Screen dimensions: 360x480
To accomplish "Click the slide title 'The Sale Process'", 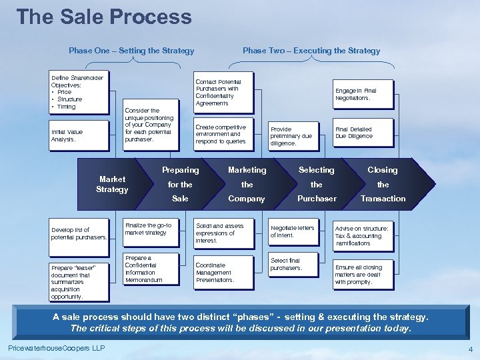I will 103,17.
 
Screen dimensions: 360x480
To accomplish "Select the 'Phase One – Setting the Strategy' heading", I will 131,51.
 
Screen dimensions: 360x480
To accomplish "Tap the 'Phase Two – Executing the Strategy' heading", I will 311,51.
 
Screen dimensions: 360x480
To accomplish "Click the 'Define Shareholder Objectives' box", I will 79,92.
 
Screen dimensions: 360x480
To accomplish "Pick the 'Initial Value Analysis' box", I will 79,136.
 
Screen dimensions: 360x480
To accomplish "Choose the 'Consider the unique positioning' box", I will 149,125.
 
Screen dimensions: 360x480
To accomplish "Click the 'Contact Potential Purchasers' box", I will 223,92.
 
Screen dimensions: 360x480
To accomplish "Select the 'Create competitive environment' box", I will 223,134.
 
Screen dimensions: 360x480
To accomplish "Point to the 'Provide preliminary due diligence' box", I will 293,136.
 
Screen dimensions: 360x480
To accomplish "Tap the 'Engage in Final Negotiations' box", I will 363,94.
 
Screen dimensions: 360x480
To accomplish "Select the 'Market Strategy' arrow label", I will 112,185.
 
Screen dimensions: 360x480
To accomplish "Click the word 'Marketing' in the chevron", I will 247,170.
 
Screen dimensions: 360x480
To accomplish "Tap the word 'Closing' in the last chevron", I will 383,170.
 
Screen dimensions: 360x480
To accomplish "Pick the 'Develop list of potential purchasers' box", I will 79,233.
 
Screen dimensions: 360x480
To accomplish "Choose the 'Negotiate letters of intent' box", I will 293,231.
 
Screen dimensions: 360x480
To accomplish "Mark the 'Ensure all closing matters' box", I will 363,275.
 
